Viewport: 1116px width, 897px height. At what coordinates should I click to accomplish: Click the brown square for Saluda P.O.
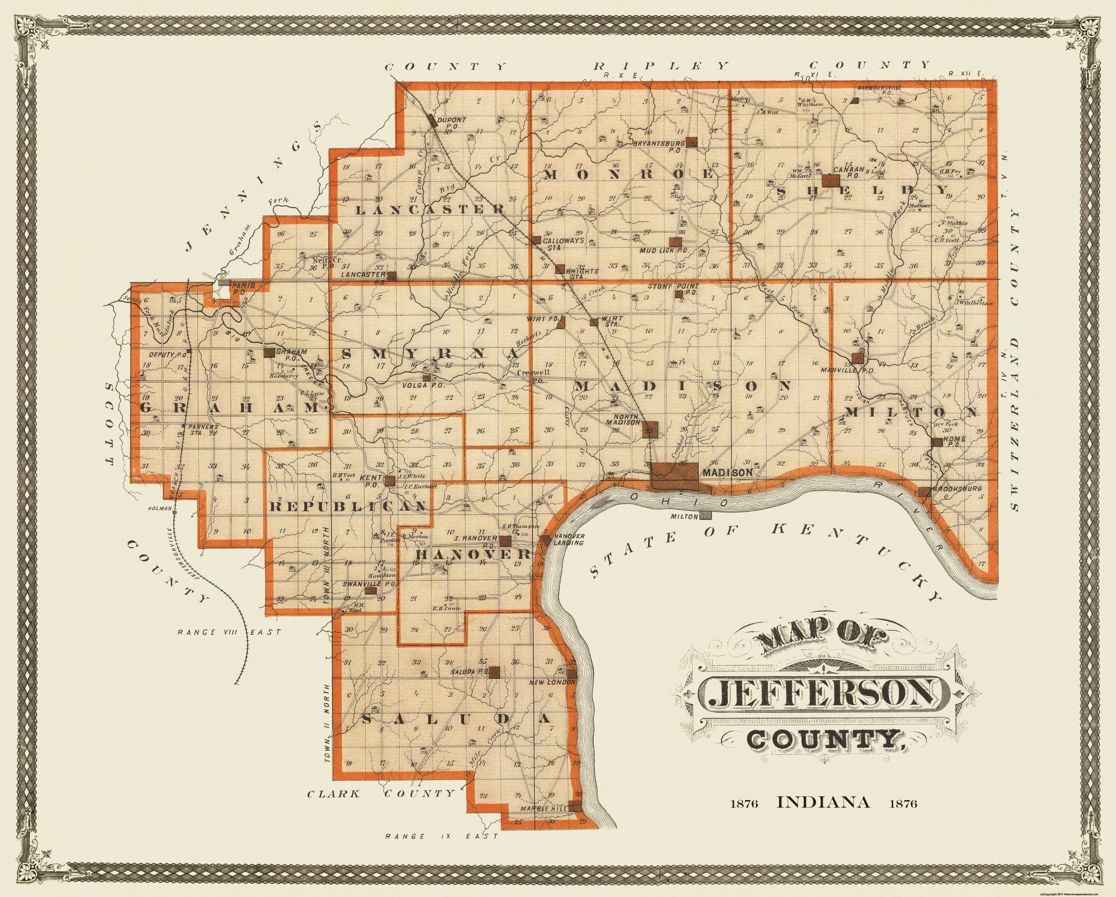point(494,671)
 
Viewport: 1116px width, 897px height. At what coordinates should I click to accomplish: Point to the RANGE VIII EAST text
point(221,631)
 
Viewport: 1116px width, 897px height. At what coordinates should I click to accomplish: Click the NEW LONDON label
point(552,682)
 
